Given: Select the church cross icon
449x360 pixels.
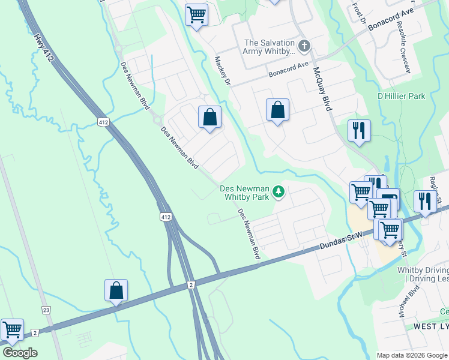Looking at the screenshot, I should click(304, 46).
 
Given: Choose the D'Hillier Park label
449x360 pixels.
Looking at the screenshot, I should click(401, 96).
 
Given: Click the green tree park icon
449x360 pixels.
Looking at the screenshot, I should click(278, 191).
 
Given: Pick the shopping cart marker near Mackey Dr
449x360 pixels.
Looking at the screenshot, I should click(196, 14).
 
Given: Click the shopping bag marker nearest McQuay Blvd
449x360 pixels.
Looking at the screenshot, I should click(277, 110).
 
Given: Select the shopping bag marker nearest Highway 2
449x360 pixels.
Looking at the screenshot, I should click(116, 290).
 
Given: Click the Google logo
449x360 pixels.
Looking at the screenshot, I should click(20, 353).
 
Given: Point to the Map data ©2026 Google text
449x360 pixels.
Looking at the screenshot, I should click(412, 355).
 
